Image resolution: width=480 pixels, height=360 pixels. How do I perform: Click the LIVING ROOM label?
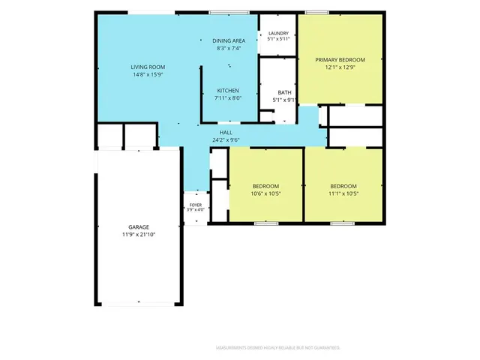148,67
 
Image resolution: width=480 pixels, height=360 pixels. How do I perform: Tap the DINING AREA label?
229,40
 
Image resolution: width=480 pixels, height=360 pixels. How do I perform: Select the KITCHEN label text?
228,91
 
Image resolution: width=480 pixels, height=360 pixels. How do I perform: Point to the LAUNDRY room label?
278,33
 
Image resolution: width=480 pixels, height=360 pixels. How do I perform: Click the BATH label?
285,92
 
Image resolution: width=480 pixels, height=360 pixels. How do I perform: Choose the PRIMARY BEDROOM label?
340,60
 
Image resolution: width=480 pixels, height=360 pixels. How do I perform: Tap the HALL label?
226,133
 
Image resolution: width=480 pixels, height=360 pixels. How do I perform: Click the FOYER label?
196,205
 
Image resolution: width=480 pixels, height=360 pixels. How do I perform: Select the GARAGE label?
139,227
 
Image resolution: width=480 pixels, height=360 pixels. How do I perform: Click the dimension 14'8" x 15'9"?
148,75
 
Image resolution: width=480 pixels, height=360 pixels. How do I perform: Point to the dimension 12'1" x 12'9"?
340,67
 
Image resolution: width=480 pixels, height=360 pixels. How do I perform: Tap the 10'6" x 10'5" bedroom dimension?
265,193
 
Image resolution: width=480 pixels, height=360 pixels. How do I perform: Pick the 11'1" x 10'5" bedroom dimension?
343,193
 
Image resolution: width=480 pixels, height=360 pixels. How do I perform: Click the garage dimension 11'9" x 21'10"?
139,235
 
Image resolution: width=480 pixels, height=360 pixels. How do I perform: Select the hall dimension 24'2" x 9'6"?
226,140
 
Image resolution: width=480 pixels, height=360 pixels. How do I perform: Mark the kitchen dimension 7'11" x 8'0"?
228,98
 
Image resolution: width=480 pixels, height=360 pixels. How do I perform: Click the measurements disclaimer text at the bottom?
278,348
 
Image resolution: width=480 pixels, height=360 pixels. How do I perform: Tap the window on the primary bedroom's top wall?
317,13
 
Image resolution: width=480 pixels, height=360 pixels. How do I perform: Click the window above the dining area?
229,13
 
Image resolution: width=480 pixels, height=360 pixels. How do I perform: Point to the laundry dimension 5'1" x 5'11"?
278,39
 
